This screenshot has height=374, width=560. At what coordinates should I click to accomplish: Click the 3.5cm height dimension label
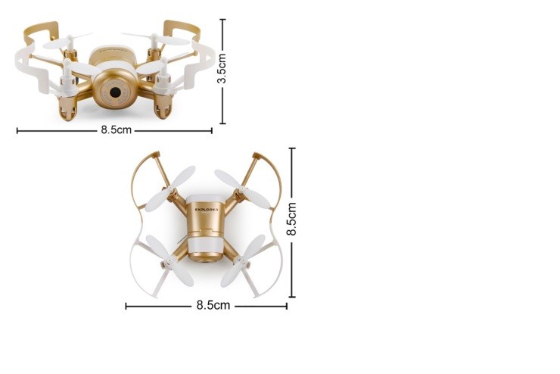222,68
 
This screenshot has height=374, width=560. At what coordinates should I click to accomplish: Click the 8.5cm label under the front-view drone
116,130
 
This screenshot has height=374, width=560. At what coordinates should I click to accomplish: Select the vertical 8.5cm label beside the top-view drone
291,219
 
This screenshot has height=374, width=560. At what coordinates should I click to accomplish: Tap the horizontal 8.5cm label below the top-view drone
213,305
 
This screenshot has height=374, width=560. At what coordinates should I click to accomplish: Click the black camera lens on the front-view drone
114,92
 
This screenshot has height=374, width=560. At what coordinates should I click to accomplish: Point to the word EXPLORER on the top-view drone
207,209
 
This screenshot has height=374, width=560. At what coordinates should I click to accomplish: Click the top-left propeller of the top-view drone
170,189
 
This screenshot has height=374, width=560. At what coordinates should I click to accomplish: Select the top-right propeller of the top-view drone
242,189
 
